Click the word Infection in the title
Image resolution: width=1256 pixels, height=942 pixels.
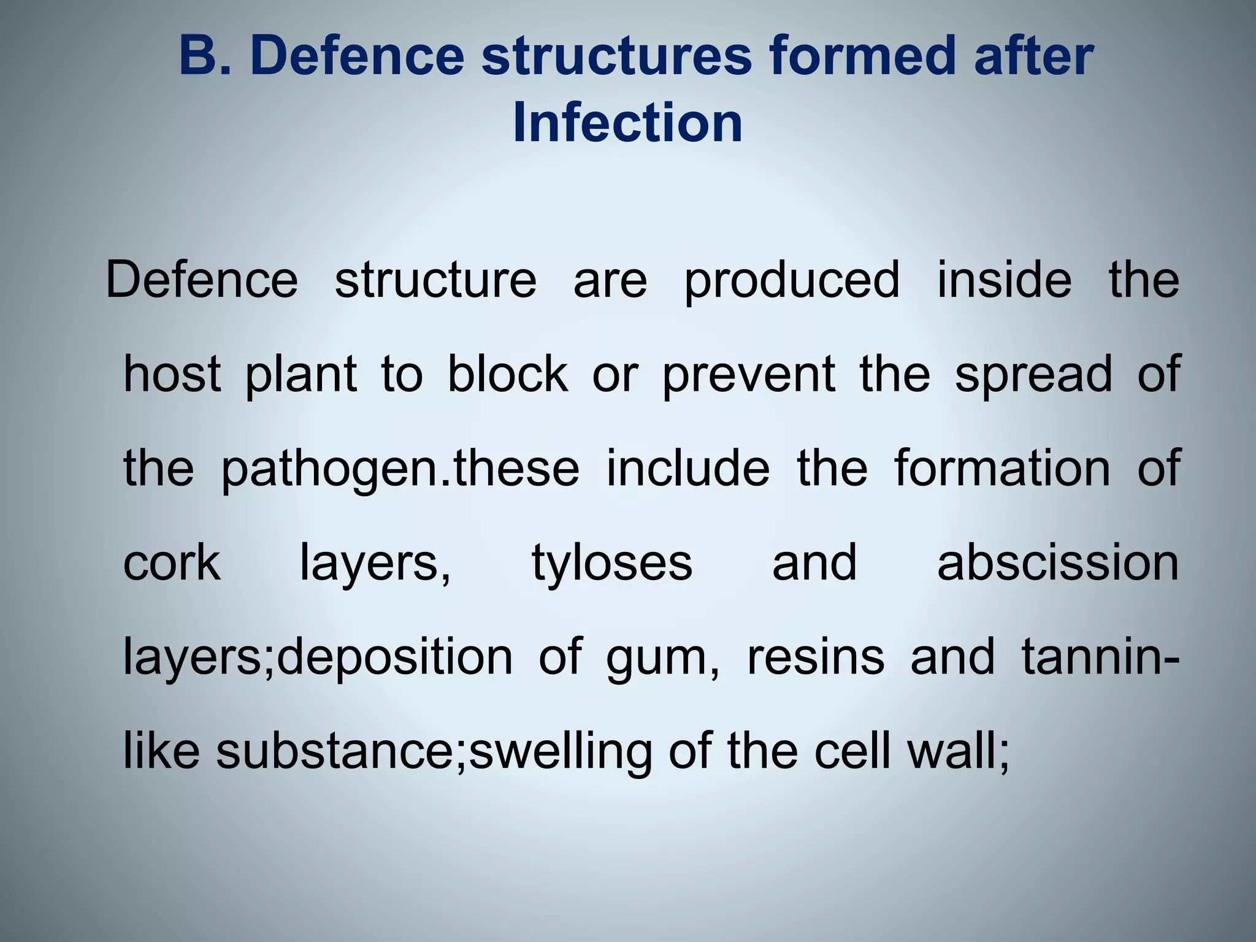pos(627,123)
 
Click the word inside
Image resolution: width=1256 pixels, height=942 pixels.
pos(1005,280)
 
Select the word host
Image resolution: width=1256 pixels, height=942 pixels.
pos(172,374)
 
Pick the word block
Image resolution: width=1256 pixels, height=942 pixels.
pos(507,374)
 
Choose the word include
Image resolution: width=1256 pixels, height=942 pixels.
pos(687,468)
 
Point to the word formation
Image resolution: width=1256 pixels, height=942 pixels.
pos(1002,468)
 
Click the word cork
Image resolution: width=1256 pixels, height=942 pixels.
pos(172,562)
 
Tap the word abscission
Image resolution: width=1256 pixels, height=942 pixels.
pos(1058,562)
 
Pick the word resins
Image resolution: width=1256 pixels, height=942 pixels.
pos(816,657)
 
